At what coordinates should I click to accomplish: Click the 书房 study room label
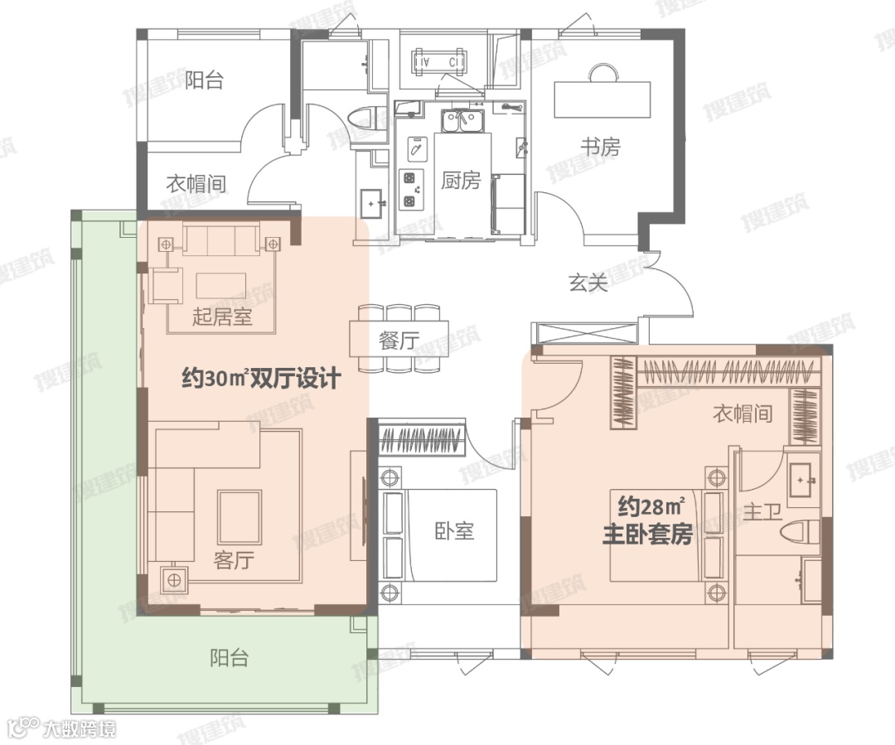click(x=601, y=148)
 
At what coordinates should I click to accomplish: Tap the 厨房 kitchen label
click(x=461, y=181)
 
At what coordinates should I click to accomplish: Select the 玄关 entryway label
click(x=588, y=282)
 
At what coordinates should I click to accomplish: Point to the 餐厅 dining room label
click(x=399, y=341)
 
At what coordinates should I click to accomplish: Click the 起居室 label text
click(x=222, y=316)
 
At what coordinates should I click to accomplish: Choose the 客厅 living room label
click(x=234, y=560)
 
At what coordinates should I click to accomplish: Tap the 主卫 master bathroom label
click(x=762, y=511)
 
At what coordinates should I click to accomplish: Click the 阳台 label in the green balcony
click(x=230, y=658)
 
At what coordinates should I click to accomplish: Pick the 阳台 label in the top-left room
click(x=204, y=80)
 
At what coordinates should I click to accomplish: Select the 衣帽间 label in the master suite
click(x=743, y=413)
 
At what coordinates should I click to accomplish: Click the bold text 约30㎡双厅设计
click(x=261, y=379)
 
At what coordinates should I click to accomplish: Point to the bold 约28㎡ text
click(x=651, y=507)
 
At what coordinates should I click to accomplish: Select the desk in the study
click(x=602, y=99)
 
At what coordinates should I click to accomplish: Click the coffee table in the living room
click(x=239, y=516)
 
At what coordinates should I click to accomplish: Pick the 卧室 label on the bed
click(x=454, y=531)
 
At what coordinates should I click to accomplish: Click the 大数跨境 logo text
click(x=79, y=729)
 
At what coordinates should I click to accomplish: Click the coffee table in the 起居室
click(x=221, y=285)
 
